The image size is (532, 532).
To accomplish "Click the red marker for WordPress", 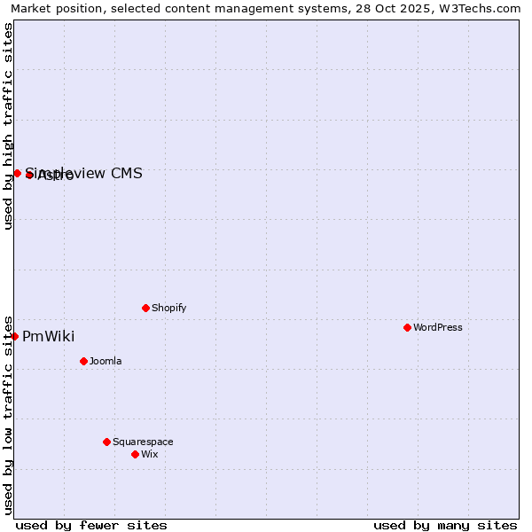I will (407, 327).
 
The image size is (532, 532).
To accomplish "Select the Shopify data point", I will (145, 308).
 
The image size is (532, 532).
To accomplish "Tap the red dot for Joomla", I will (83, 361).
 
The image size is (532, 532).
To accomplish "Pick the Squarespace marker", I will (106, 442).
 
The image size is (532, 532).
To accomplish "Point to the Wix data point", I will (135, 454).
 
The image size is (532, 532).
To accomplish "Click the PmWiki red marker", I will (14, 336).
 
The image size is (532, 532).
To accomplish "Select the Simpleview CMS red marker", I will (17, 173).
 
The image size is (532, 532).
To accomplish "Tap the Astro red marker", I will (29, 175).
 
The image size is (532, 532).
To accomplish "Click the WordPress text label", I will (437, 327).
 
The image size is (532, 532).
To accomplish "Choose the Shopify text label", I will (168, 308).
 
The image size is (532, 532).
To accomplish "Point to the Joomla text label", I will (106, 361).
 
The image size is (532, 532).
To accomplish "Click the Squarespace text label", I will (143, 442).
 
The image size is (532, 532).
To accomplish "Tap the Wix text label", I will (149, 454).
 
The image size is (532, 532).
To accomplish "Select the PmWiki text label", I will (48, 336).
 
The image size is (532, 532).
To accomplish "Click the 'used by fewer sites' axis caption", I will (91, 525).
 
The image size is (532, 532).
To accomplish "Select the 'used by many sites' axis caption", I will (445, 525).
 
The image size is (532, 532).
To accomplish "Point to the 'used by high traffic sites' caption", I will (8, 125).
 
